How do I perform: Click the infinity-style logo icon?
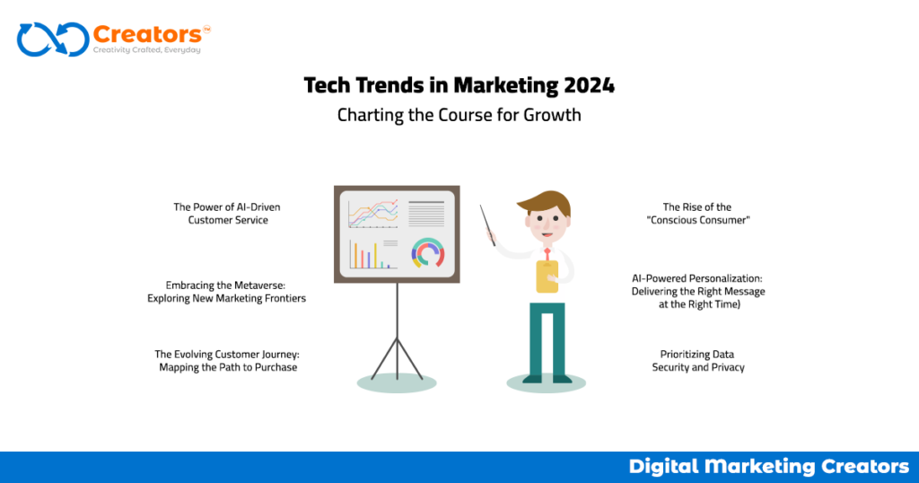point(52,40)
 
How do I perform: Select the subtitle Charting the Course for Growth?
point(459,115)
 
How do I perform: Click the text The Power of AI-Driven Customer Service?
point(227,214)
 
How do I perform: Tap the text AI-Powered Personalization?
point(698,278)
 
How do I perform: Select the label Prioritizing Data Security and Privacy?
point(697,361)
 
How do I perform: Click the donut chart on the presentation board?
point(428,253)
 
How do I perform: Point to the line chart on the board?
point(373,214)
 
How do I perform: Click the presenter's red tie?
point(546,254)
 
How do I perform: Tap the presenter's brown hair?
point(548,202)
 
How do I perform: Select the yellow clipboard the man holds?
point(547,276)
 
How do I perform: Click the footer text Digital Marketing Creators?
point(768,467)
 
